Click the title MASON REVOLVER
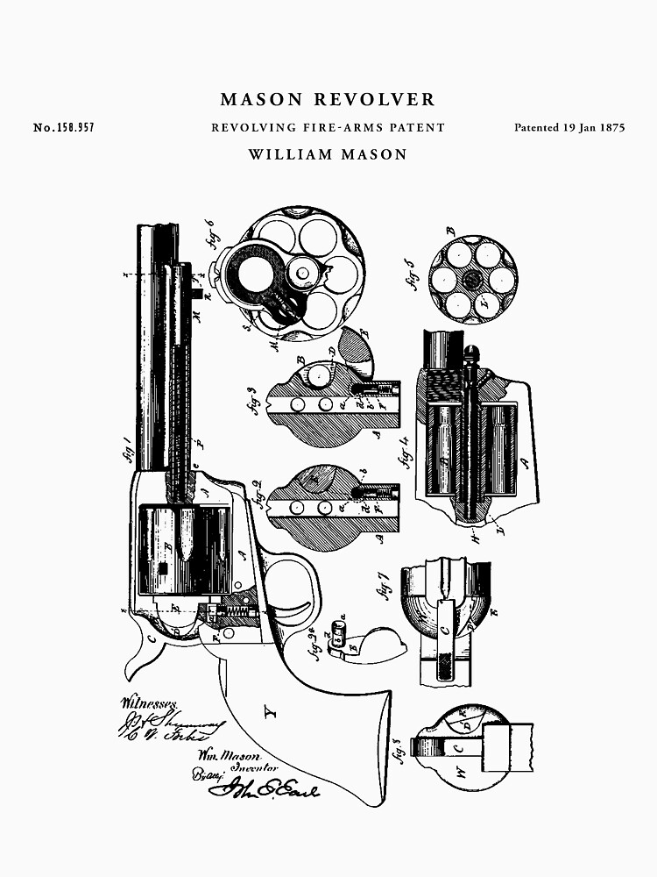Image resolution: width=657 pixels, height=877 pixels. [x=328, y=100]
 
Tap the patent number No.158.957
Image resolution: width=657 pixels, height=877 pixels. [x=64, y=128]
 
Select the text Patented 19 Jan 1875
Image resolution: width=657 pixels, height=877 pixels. [x=569, y=128]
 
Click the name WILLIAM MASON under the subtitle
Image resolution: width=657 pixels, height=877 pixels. [x=328, y=155]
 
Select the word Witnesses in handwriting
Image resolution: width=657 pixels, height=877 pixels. [x=149, y=702]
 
